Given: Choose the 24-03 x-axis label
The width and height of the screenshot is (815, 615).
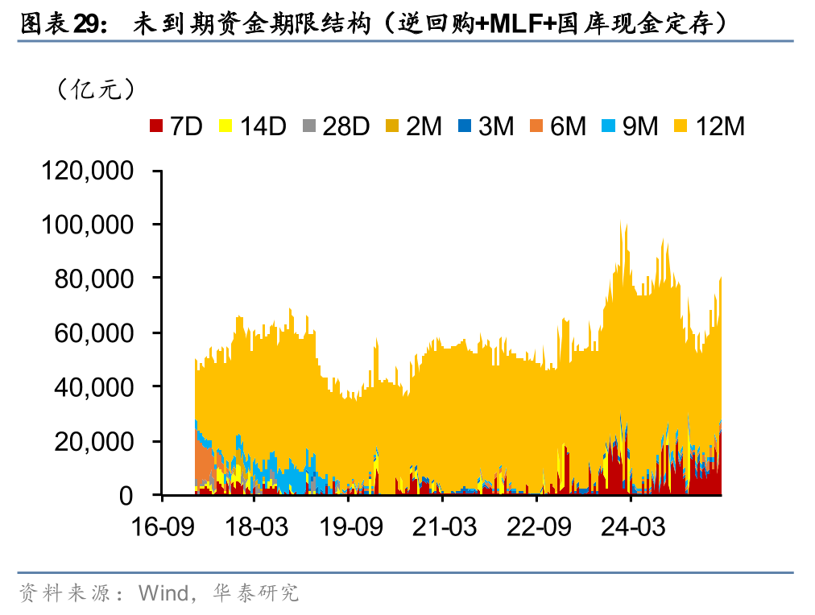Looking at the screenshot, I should tap(632, 527).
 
